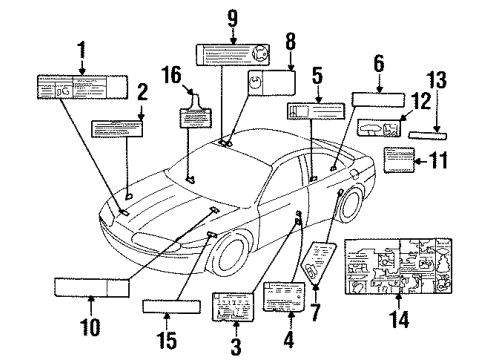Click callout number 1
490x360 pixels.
[84, 48]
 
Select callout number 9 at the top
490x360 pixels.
[232, 17]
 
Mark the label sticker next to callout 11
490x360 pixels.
[400, 160]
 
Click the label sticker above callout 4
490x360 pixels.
[286, 296]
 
